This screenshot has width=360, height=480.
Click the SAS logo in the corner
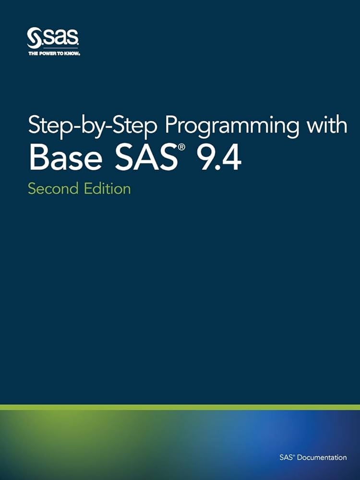(x=53, y=37)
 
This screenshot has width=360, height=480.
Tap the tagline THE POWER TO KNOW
(x=54, y=54)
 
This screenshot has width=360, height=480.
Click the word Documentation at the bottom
(x=322, y=457)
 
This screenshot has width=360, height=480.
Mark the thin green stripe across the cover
(x=180, y=407)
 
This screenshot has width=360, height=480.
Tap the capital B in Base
(x=38, y=157)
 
